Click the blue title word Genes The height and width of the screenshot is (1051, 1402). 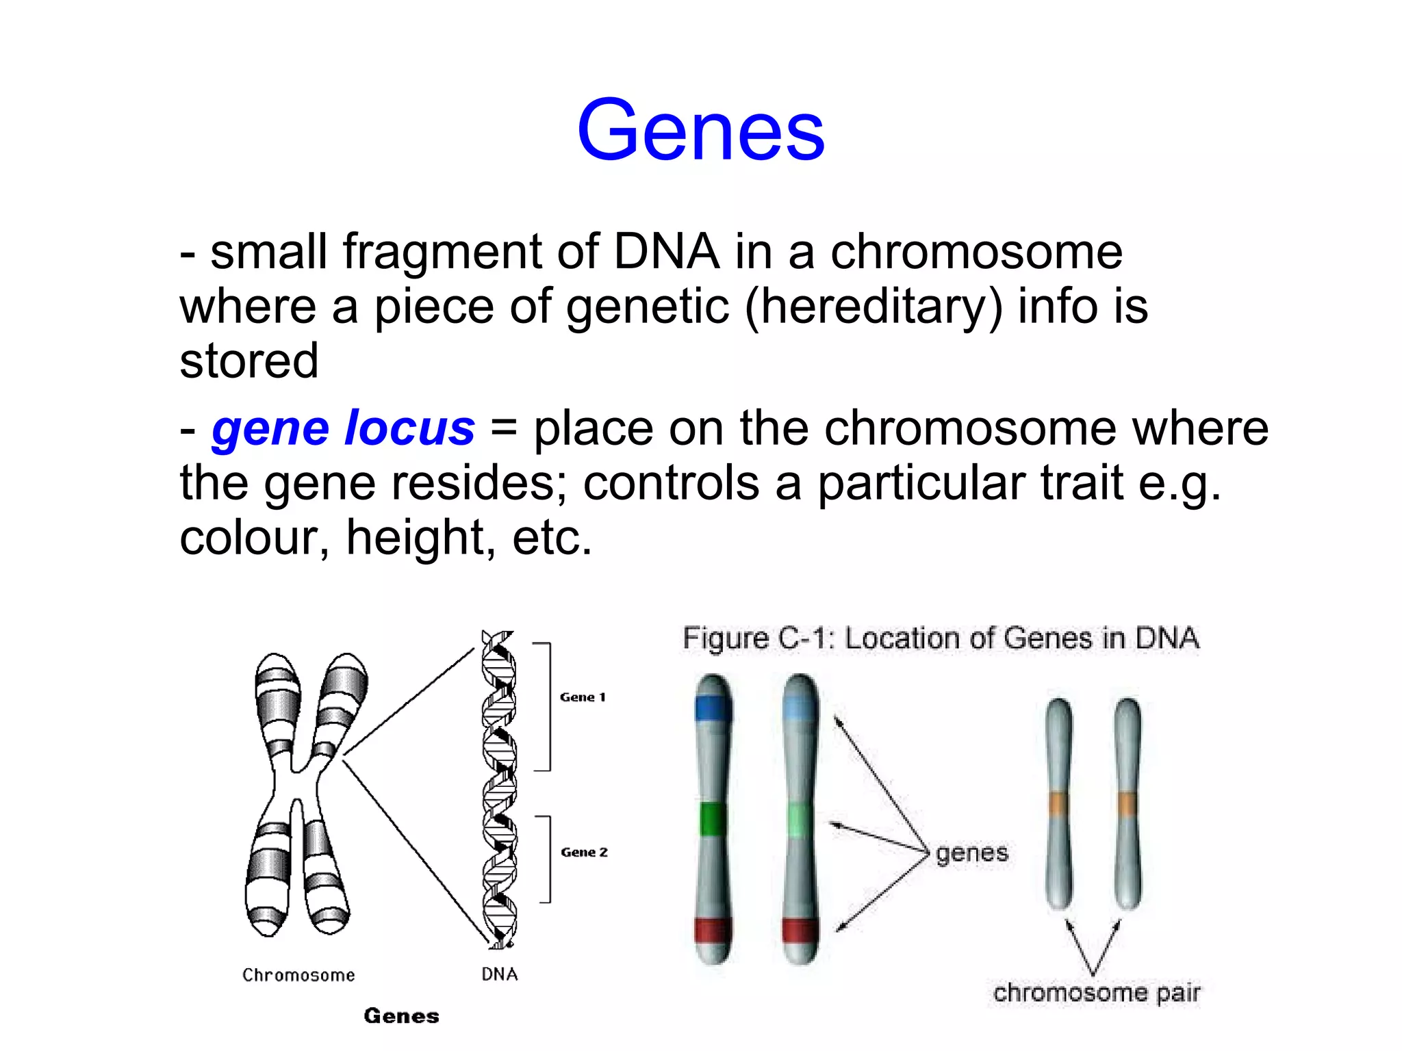(700, 130)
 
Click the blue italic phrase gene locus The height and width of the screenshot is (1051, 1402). (343, 428)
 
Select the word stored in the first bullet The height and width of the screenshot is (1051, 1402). (248, 361)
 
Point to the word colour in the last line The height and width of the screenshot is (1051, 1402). (254, 537)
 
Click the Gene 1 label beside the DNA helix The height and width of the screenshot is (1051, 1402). (583, 697)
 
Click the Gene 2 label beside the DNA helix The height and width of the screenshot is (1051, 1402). (584, 852)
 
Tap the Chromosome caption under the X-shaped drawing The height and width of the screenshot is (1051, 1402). (298, 975)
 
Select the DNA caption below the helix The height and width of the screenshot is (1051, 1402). (500, 974)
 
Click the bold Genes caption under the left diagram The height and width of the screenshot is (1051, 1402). (401, 1016)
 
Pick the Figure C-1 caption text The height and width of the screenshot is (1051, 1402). (941, 638)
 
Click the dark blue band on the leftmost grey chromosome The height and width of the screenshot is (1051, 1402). (713, 708)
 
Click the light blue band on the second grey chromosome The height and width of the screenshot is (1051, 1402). (800, 708)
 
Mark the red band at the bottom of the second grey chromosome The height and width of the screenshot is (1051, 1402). (800, 931)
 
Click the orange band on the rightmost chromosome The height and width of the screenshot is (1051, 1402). (1127, 803)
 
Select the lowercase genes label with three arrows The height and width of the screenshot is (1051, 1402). (972, 853)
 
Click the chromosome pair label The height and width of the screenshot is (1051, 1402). (1097, 993)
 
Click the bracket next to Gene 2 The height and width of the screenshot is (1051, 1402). (547, 859)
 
